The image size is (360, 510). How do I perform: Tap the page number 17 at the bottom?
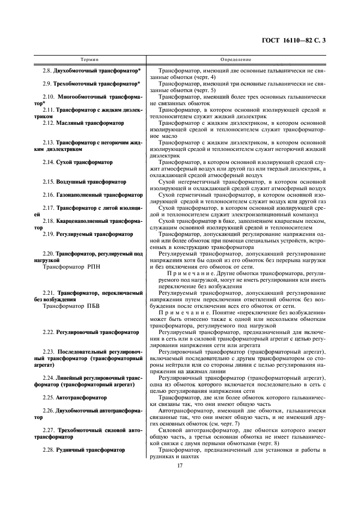pyautogui.click(x=179, y=464)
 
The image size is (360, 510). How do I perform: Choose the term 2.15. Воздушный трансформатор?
pyautogui.click(x=84, y=182)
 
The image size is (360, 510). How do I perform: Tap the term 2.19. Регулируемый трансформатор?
pyautogui.click(x=88, y=234)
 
